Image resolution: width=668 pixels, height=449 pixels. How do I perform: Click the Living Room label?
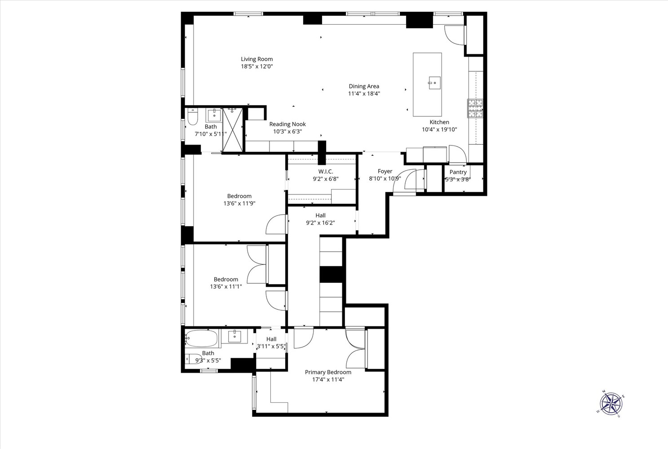[257, 59]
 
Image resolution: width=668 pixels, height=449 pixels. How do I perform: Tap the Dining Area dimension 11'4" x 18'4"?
[364, 94]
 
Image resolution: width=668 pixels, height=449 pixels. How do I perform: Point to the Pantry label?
[458, 172]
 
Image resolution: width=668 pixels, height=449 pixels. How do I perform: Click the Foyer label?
[385, 171]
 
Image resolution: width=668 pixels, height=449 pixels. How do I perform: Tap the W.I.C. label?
[326, 172]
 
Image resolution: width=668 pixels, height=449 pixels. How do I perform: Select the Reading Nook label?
[288, 124]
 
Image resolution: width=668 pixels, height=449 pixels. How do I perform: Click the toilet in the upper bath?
[192, 117]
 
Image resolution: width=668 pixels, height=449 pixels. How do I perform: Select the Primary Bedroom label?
[328, 372]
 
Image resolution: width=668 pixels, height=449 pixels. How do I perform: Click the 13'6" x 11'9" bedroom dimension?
[239, 203]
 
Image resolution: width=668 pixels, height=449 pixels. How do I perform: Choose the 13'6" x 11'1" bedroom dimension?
[226, 286]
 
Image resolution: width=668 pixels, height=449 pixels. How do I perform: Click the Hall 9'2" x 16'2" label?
[320, 216]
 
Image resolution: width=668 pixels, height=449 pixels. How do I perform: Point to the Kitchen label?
[439, 122]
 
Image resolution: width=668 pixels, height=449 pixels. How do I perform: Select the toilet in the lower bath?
[193, 359]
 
